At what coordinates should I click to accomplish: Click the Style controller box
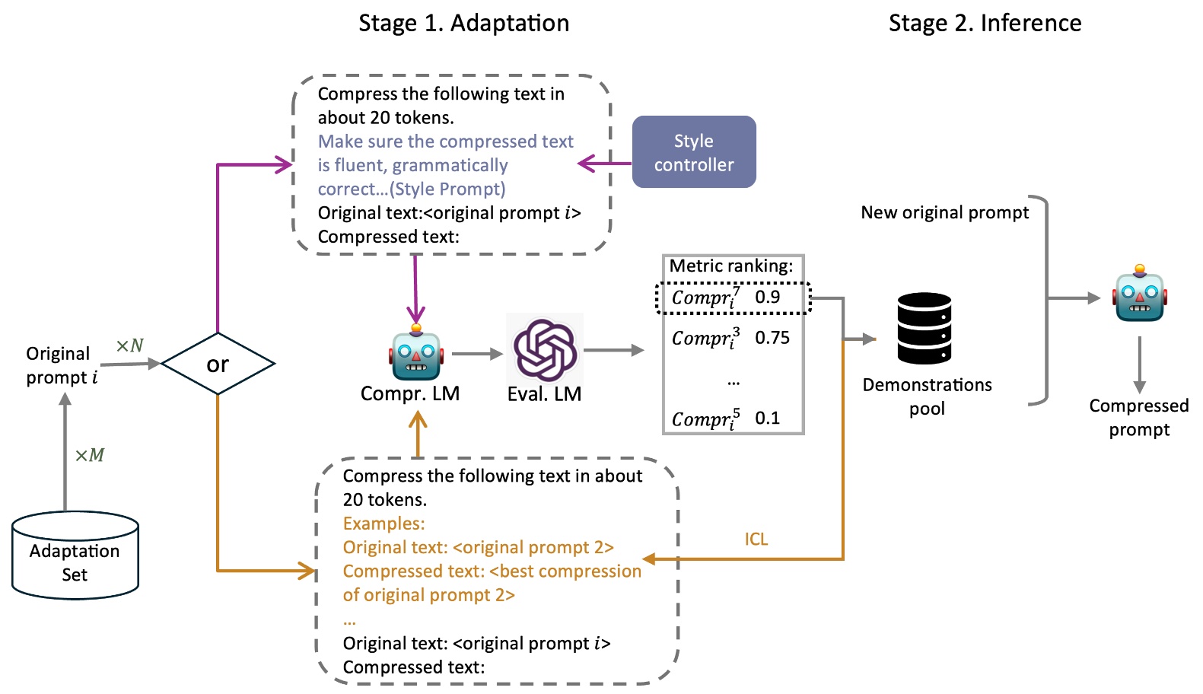(x=693, y=152)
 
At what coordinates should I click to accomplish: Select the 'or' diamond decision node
(x=218, y=364)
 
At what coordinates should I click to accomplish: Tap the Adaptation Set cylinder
(x=75, y=556)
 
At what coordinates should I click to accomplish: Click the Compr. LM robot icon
(x=415, y=354)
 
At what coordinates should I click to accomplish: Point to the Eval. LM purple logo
(x=544, y=350)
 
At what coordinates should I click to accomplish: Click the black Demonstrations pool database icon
(x=924, y=328)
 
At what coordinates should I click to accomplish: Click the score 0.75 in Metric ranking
(x=772, y=338)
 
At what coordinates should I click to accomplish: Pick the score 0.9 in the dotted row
(x=767, y=297)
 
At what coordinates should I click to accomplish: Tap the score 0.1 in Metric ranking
(x=767, y=418)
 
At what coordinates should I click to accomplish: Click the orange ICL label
(x=756, y=539)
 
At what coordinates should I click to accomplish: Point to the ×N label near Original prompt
(x=129, y=345)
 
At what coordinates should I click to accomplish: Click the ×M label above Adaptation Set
(x=89, y=455)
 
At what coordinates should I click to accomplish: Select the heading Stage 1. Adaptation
(x=463, y=23)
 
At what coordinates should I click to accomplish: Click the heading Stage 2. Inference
(x=985, y=23)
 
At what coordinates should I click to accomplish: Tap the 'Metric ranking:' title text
(x=730, y=266)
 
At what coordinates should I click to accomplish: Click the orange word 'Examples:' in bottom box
(x=383, y=524)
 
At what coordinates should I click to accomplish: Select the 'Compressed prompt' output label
(x=1138, y=417)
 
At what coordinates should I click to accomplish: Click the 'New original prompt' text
(x=944, y=212)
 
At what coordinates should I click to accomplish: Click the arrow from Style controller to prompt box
(x=605, y=163)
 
